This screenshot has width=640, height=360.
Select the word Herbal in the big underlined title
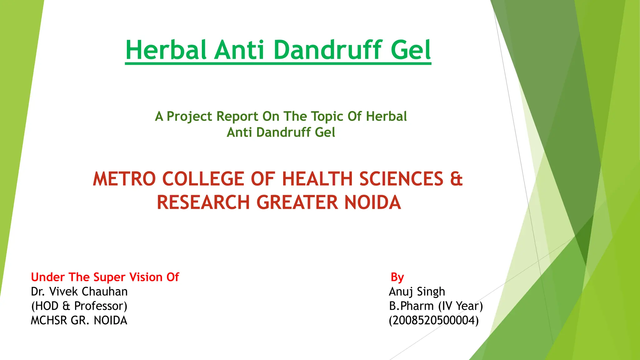(x=166, y=50)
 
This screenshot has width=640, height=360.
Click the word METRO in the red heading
(x=124, y=179)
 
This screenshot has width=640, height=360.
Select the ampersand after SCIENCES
(x=456, y=179)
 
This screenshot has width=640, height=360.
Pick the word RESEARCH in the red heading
(x=203, y=202)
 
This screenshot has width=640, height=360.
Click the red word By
(x=397, y=277)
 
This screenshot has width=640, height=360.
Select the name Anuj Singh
(x=417, y=292)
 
